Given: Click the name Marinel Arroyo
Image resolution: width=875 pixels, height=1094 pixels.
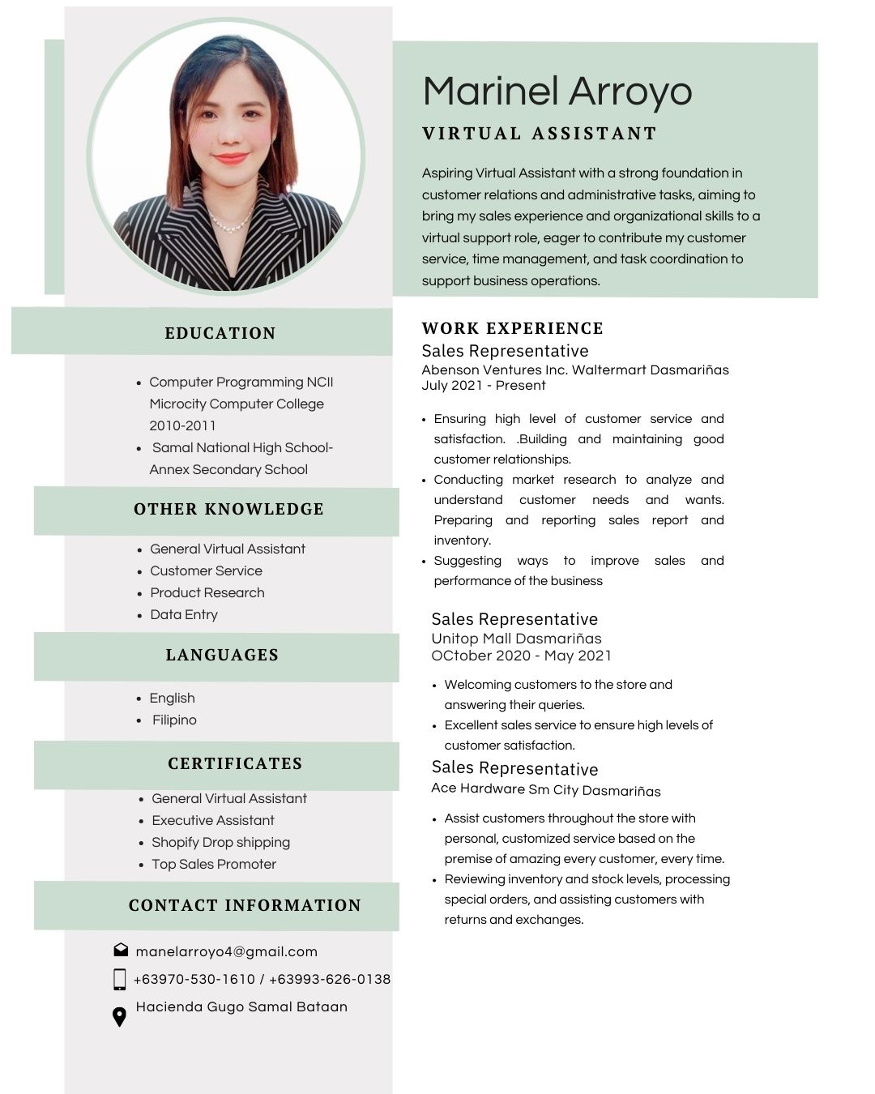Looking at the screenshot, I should click(557, 91).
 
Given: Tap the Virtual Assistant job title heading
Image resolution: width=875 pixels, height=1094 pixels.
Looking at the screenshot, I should click(540, 134).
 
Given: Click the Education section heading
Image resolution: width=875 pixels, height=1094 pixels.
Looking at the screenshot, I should click(220, 333).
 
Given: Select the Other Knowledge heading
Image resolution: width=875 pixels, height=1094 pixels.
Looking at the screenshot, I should click(228, 509).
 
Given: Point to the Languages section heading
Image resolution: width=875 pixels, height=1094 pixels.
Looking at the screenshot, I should click(222, 655).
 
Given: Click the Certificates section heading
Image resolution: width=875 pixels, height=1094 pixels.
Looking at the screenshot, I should click(235, 763).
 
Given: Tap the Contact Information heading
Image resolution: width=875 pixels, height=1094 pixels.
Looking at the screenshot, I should click(245, 905).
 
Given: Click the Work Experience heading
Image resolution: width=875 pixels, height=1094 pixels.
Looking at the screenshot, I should click(513, 328).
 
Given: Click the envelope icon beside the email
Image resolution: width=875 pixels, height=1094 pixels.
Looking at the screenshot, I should click(121, 950).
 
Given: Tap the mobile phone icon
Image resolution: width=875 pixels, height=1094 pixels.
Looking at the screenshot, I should click(120, 979).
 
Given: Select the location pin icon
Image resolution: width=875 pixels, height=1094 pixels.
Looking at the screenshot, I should click(119, 1016).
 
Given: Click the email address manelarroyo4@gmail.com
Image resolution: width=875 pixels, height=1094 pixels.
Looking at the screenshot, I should click(227, 951).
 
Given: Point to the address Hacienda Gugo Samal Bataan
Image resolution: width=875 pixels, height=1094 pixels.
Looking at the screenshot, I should click(241, 1006).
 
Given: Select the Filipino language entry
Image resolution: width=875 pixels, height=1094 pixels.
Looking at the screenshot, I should click(174, 720).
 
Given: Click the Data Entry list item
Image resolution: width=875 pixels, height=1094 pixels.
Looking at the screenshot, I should click(184, 614).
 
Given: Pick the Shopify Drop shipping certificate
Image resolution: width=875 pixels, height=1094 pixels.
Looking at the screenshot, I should click(220, 842).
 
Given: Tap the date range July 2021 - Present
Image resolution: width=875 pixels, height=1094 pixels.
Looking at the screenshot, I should click(484, 385).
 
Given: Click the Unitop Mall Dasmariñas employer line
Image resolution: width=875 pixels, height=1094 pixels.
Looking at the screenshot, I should click(516, 638).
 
